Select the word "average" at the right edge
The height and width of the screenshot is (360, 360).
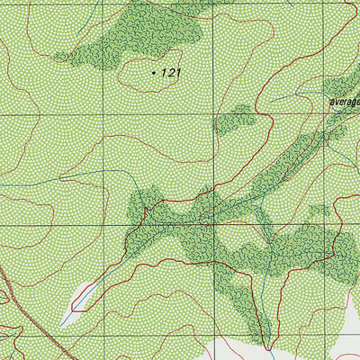click(x=344, y=103)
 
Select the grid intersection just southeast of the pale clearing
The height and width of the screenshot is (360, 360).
click(x=104, y=335)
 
